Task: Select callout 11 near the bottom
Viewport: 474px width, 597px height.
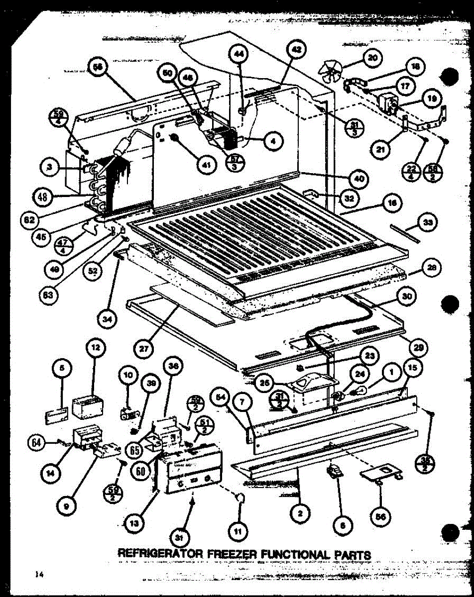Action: [238, 532]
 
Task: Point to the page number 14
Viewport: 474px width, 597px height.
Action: [40, 575]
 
